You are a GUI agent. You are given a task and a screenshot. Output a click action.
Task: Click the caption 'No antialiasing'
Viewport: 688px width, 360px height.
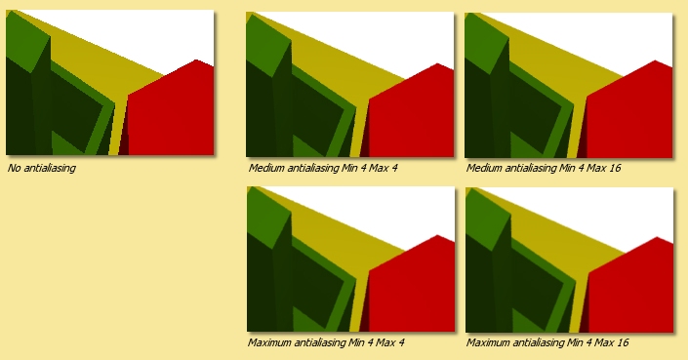pos(42,168)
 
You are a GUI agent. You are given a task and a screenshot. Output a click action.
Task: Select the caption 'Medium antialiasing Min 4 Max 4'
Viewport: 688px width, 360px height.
pos(323,168)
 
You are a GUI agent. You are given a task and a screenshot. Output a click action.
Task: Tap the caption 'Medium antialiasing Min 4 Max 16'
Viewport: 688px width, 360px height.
pos(544,168)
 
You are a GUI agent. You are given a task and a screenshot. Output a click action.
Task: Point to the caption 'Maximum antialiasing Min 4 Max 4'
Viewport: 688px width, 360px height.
pos(326,342)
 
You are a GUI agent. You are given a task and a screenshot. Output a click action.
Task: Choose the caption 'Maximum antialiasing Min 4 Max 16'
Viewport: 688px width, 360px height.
pos(547,342)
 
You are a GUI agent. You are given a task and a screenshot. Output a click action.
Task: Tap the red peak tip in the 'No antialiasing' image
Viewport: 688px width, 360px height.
pos(196,60)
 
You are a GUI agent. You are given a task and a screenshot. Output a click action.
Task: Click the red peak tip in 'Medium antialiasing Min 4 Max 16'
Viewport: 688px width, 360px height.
pos(656,60)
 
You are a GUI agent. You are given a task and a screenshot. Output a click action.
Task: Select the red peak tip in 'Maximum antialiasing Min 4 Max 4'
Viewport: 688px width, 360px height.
pos(437,235)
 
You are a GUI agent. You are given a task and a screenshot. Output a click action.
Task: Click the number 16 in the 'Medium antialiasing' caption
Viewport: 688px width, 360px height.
pos(616,168)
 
